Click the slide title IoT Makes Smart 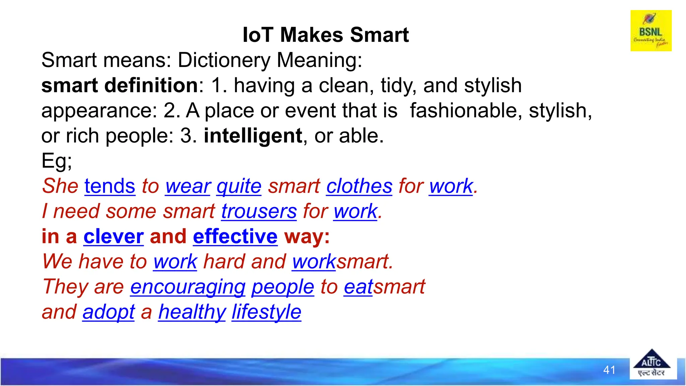(x=326, y=35)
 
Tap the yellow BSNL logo (x=651, y=30)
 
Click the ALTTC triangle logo (x=651, y=364)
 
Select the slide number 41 (x=609, y=370)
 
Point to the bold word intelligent (x=253, y=136)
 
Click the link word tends (x=110, y=186)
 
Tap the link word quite (x=239, y=186)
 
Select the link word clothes (x=359, y=186)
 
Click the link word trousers (x=259, y=211)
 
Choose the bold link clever (x=114, y=237)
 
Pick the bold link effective (x=235, y=237)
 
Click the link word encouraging (x=188, y=287)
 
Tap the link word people (x=283, y=287)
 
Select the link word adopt (x=109, y=312)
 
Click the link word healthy (x=192, y=312)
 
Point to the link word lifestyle (x=266, y=312)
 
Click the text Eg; (x=56, y=161)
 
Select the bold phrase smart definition (x=120, y=85)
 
